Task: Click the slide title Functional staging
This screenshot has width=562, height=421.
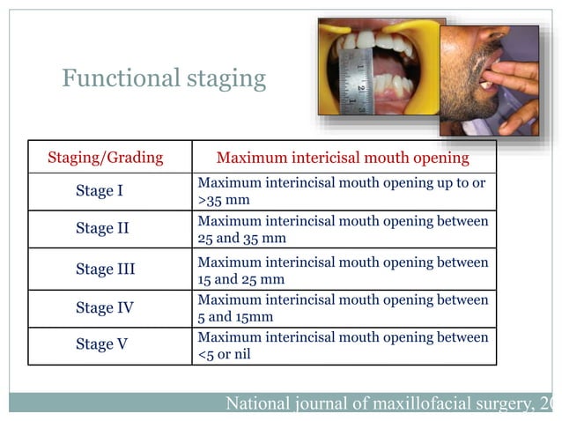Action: click(164, 78)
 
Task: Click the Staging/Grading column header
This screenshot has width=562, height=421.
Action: click(105, 158)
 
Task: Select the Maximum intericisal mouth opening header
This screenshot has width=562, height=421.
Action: click(343, 159)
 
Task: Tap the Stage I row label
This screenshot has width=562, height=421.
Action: click(99, 191)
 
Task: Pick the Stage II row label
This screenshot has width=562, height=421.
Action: click(102, 229)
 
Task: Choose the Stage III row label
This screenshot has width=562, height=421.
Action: click(105, 270)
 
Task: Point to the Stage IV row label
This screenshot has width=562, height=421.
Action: click(103, 308)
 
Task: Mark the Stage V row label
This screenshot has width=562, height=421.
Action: click(101, 345)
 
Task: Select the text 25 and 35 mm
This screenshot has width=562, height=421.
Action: click(241, 238)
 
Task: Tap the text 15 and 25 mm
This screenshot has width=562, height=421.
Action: click(240, 279)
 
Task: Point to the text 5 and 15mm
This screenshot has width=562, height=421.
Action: click(235, 316)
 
